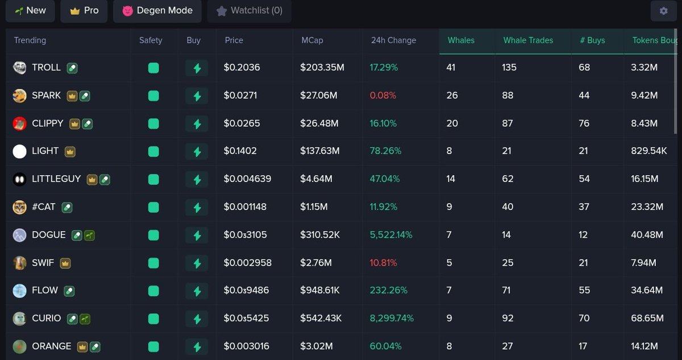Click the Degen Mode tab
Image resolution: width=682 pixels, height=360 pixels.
pos(157,11)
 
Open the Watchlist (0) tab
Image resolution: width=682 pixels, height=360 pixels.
pos(249,11)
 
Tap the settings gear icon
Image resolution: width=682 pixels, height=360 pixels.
pos(663,11)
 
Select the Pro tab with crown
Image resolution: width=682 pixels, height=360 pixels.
pos(84,11)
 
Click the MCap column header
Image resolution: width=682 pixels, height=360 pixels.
pos(313,40)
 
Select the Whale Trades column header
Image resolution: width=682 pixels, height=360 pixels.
pos(528,40)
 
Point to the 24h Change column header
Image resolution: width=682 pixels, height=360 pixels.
pos(393,40)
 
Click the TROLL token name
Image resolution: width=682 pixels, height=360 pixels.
pos(46,68)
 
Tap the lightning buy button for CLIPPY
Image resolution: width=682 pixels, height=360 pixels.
pos(197,123)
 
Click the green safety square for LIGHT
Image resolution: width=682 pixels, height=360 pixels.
pos(153,151)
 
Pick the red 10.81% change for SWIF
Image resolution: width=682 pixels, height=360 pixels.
pos(383,263)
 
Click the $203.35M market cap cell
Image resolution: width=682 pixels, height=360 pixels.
pos(322,68)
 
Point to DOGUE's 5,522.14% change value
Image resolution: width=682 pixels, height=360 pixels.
pos(391,235)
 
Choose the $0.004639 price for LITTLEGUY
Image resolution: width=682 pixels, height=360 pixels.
pos(247,179)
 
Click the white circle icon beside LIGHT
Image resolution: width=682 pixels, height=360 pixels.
pos(20,151)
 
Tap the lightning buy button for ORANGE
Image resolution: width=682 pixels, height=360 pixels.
pos(197,346)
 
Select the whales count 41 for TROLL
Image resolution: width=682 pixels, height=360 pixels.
pos(451,68)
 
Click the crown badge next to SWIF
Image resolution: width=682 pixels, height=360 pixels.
pos(65,263)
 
